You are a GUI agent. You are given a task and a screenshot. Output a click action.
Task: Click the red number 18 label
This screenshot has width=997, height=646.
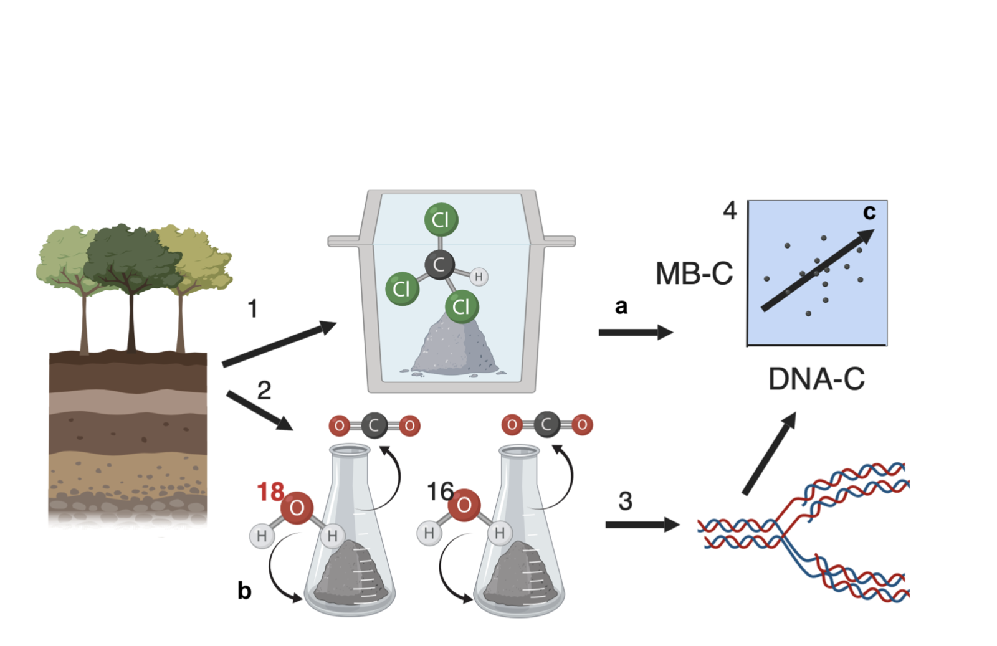[x=270, y=492]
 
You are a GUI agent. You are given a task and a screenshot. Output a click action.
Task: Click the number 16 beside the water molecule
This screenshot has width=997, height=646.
[x=439, y=491]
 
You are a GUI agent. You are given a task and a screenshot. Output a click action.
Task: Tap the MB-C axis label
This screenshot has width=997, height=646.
[x=694, y=273]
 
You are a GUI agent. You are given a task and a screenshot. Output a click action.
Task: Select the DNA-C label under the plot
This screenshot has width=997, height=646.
[x=816, y=379]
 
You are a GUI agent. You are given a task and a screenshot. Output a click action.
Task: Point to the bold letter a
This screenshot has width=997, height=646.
[x=621, y=306]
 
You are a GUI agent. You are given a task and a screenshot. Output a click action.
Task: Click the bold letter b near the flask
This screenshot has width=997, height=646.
[x=244, y=590]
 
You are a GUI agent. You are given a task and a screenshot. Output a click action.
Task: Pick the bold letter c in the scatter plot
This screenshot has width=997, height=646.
[x=869, y=212]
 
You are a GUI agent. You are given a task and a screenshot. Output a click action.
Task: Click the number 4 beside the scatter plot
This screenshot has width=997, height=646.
[x=730, y=211]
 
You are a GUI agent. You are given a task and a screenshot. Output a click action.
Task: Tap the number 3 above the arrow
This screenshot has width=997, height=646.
[x=625, y=501]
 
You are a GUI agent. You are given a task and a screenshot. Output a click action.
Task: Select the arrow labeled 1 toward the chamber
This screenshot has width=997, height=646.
[x=279, y=344]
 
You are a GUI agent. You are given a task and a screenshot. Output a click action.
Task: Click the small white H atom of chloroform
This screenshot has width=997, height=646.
[x=478, y=277]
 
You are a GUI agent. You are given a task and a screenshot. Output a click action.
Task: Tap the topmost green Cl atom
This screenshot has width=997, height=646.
[x=441, y=219]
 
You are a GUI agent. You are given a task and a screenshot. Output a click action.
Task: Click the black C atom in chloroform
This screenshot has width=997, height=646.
[x=439, y=264]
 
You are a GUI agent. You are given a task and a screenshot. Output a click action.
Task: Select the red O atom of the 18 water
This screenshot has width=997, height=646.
[x=297, y=508]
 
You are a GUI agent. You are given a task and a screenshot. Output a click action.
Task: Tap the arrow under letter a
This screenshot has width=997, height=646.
[x=635, y=332]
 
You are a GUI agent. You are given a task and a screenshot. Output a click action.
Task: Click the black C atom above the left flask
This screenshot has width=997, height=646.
[x=374, y=425]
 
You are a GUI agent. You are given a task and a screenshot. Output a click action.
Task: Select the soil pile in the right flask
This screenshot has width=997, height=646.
[x=518, y=576]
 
